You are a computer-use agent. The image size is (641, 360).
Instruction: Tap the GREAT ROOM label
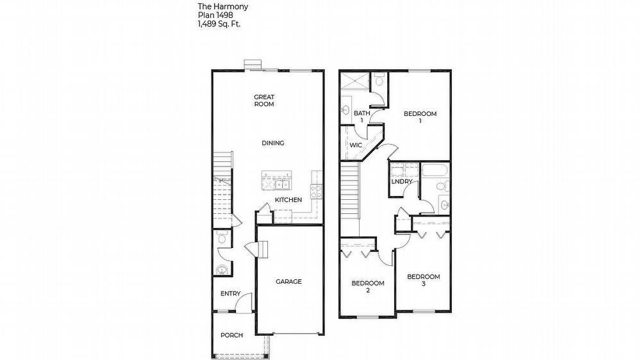pyautogui.click(x=264, y=101)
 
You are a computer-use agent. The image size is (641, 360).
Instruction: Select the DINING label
pyautogui.click(x=273, y=143)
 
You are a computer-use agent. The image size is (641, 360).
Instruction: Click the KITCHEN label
pyautogui.click(x=288, y=200)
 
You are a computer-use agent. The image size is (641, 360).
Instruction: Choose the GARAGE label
pyautogui.click(x=288, y=281)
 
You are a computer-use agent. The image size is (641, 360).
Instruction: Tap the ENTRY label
pyautogui.click(x=231, y=294)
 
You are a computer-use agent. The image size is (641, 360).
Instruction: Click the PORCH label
pyautogui.click(x=231, y=335)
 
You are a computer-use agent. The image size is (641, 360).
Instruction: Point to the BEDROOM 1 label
pyautogui.click(x=420, y=117)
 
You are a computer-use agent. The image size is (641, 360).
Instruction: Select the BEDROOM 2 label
pyautogui.click(x=368, y=286)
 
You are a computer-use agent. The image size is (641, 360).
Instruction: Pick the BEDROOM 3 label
pyautogui.click(x=424, y=280)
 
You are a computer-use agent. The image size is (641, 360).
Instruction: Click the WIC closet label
pyautogui.click(x=356, y=145)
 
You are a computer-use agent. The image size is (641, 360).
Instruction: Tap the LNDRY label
pyautogui.click(x=402, y=181)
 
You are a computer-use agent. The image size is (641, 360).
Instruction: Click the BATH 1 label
pyautogui.click(x=362, y=117)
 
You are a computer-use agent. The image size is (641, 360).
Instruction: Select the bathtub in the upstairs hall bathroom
pyautogui.click(x=436, y=171)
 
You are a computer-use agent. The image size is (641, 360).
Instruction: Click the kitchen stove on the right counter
pyautogui.click(x=315, y=190)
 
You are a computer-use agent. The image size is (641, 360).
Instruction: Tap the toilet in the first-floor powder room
pyautogui.click(x=222, y=239)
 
